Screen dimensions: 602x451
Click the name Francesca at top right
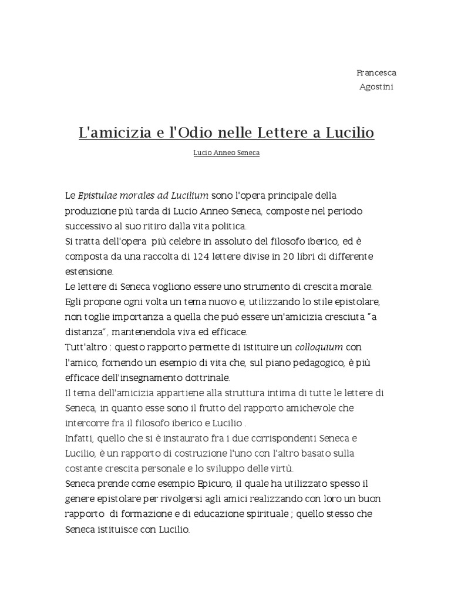376,73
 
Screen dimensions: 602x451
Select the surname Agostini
376,87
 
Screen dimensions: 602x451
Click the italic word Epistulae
100,195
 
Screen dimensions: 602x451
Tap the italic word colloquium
319,347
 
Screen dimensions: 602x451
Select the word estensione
89,272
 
